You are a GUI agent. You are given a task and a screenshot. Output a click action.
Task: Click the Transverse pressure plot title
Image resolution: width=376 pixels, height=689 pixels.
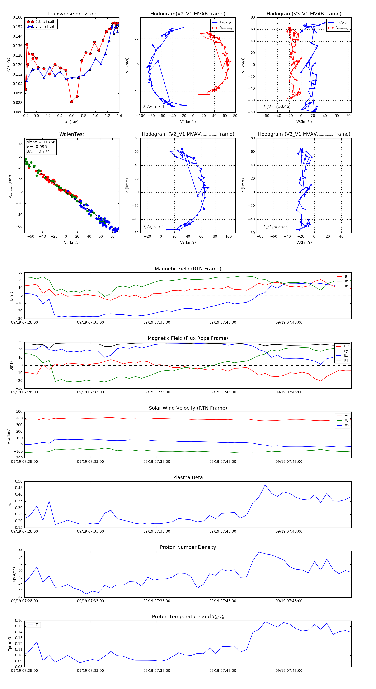click(72, 14)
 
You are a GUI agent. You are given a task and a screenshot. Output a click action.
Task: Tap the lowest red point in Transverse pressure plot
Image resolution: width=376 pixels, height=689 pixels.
click(71, 102)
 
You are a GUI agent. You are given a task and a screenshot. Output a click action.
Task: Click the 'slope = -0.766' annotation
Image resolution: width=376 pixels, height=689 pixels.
click(41, 142)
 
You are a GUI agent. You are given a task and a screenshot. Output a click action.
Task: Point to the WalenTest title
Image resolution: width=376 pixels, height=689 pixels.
click(72, 134)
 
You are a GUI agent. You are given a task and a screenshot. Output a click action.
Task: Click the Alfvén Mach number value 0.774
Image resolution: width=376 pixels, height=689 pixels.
click(44, 151)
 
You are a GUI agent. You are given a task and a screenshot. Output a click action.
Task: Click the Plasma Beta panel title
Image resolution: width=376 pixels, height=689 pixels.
click(188, 477)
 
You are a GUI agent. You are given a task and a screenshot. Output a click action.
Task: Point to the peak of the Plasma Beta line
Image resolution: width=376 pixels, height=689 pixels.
click(265, 485)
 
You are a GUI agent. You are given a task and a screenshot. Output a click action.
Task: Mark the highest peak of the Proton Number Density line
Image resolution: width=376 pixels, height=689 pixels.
click(259, 552)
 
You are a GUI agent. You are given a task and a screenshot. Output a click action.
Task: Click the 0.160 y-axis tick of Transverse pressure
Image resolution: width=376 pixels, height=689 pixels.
click(18, 17)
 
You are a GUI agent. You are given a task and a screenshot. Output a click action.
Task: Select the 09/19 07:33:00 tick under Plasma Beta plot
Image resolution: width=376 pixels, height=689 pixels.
click(90, 531)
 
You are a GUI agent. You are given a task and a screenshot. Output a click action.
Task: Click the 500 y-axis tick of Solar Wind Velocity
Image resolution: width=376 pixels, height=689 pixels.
click(19, 412)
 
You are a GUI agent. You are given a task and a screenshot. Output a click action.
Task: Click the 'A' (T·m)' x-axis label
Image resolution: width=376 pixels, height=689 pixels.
click(72, 122)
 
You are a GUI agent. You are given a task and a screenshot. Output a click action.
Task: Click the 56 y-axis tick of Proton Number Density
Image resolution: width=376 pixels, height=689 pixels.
click(21, 551)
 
